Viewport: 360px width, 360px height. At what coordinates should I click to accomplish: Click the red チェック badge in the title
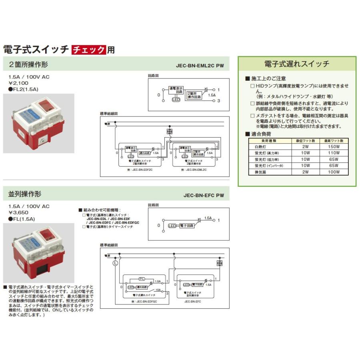(x=89, y=50)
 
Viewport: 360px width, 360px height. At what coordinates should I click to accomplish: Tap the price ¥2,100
(x=18, y=83)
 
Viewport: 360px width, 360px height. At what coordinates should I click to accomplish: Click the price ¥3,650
(x=18, y=213)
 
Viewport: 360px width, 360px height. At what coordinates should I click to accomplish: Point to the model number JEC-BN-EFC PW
(x=204, y=196)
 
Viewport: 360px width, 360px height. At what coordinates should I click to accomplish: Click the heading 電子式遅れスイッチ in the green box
(x=297, y=64)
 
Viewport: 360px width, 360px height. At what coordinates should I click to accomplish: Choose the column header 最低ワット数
(x=306, y=141)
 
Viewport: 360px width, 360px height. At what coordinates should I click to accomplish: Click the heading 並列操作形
(x=25, y=194)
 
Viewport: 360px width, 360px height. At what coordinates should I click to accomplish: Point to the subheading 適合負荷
(x=262, y=134)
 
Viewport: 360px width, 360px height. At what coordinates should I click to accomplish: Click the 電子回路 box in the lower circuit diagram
(x=186, y=226)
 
